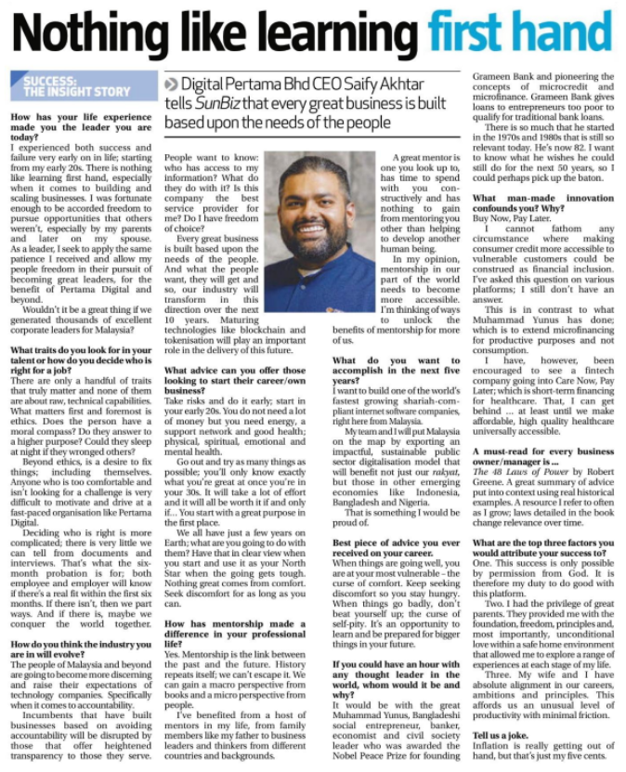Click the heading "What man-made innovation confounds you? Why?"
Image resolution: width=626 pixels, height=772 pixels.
(x=544, y=203)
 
